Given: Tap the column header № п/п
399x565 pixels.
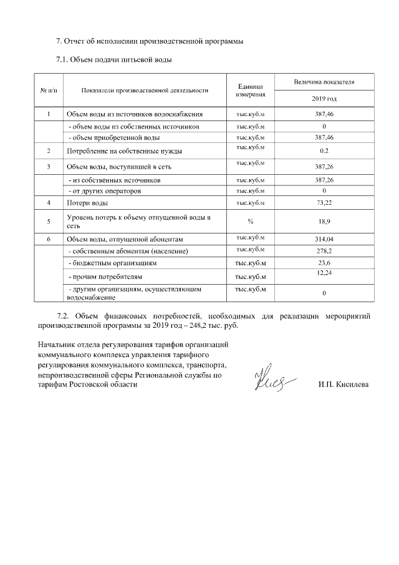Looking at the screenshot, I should click(x=49, y=91).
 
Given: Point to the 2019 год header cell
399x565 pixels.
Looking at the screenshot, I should click(x=324, y=99).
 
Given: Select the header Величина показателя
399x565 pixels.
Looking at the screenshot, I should click(x=324, y=82).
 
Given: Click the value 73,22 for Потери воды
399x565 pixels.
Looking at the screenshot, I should click(x=324, y=204).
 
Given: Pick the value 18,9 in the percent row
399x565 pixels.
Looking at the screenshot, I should click(x=324, y=221).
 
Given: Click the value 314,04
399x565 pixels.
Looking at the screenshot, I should click(x=324, y=239).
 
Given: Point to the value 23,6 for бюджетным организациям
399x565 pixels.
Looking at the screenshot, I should click(x=324, y=263).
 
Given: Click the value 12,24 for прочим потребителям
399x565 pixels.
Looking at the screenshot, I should click(x=324, y=273).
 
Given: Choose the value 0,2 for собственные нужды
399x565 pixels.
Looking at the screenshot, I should click(x=324, y=151).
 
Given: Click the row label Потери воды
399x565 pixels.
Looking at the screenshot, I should click(x=87, y=204).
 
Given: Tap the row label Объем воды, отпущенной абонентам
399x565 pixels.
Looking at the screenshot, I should click(x=124, y=239).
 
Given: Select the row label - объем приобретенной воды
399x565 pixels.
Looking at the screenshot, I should click(x=113, y=137).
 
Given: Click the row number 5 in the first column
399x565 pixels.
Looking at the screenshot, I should click(x=49, y=221).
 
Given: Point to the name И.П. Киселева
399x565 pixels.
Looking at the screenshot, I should click(x=343, y=384).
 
